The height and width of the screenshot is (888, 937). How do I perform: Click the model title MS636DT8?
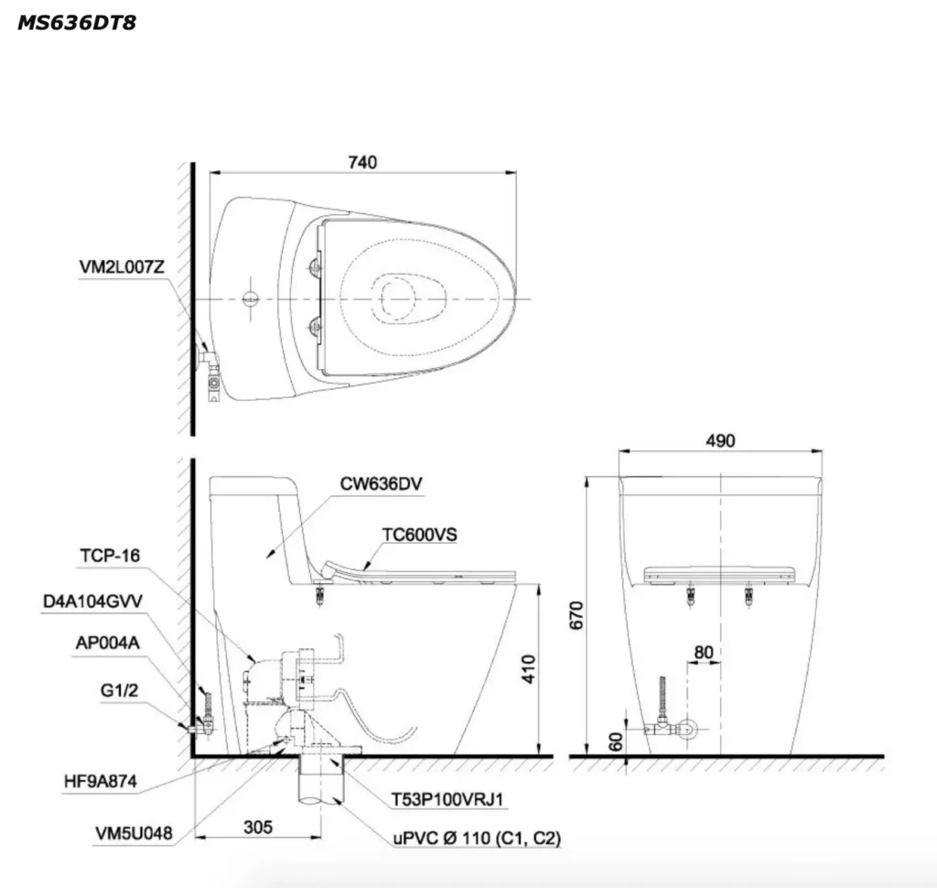pyautogui.click(x=77, y=23)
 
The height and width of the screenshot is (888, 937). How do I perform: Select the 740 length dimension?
pyautogui.click(x=362, y=161)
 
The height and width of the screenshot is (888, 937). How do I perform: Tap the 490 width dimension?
pyautogui.click(x=720, y=440)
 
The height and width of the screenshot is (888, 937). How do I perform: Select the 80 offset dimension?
pyautogui.click(x=704, y=653)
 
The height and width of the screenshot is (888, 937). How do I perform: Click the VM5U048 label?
pyautogui.click(x=135, y=833)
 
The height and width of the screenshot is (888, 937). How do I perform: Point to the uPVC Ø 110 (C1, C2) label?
pyautogui.click(x=476, y=838)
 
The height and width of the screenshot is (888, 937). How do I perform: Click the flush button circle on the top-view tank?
pyautogui.click(x=250, y=298)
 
